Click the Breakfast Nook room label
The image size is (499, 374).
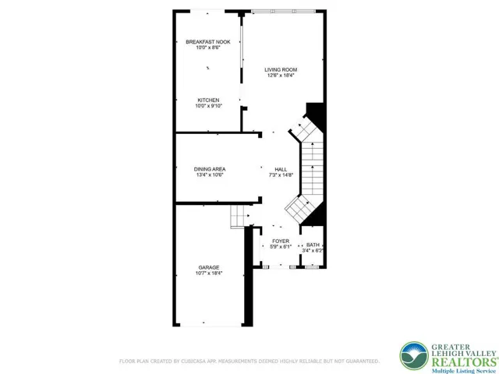point(208,42)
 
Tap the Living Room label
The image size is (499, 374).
point(281,70)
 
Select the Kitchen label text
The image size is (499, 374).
point(208,101)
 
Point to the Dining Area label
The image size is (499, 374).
point(210,169)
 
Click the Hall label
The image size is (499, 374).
point(281,170)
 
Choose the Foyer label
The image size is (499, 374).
point(281,242)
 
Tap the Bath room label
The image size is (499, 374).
point(313,245)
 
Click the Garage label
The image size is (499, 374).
point(209,268)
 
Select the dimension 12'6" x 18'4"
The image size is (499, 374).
point(281,76)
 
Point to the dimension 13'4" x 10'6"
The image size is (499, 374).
point(210,175)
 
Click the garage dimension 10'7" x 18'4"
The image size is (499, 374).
point(209,273)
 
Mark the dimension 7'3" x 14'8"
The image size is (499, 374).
point(281,175)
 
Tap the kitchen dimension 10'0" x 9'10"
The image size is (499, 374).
point(208,106)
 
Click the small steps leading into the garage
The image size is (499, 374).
point(238,217)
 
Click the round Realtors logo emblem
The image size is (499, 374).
point(414,356)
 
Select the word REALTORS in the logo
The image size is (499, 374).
point(464,362)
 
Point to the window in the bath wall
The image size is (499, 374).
point(312,266)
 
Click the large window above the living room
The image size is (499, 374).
point(283,12)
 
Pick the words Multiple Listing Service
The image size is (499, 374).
point(464,371)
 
